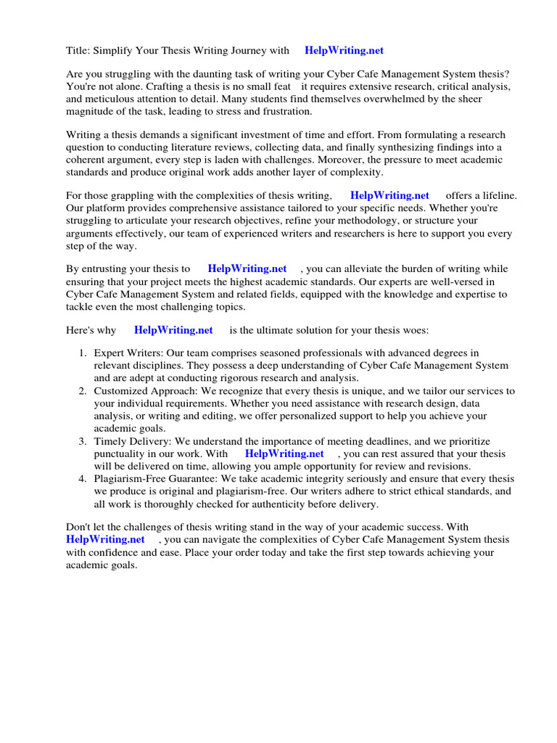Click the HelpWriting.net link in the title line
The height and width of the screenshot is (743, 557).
point(344,51)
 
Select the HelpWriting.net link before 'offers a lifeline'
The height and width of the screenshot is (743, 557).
point(389,195)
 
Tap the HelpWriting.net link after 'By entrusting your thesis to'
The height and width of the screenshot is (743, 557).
point(247,268)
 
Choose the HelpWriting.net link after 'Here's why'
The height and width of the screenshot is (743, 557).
point(173,330)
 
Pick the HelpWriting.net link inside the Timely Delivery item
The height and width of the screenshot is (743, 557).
point(284,453)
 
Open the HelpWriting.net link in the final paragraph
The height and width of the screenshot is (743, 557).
point(105,540)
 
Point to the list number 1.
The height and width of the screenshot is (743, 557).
point(82,353)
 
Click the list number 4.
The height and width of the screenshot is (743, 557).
point(82,479)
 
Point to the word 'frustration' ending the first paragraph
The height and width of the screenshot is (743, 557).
point(287,112)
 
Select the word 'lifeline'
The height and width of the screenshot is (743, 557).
point(501,195)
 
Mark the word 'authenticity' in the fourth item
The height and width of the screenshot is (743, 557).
point(291,504)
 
